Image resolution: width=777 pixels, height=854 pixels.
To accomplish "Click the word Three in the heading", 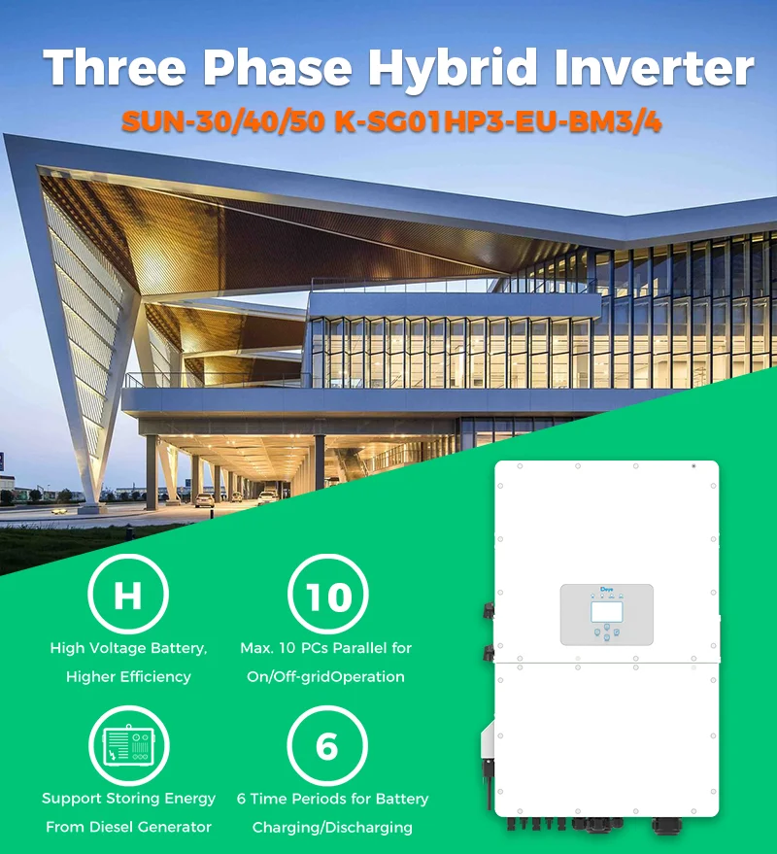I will click(x=113, y=69).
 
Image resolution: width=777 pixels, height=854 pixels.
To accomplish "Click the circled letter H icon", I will click(x=128, y=595).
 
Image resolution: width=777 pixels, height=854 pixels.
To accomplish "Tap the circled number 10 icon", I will click(x=327, y=595).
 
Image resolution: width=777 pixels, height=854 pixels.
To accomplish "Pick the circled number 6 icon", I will click(x=327, y=747).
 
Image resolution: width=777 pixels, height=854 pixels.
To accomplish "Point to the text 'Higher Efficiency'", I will click(x=128, y=676).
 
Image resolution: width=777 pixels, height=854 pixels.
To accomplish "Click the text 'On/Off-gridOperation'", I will click(x=326, y=676).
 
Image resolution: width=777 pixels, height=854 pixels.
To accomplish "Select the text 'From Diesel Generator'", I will click(x=128, y=827).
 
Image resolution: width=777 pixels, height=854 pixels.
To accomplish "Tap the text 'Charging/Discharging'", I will click(x=332, y=828).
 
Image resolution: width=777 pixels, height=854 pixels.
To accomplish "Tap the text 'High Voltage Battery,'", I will click(x=128, y=647).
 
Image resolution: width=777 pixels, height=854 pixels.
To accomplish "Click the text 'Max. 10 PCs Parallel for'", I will click(x=326, y=647).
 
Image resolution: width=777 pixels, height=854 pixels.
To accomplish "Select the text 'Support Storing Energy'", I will click(x=128, y=799).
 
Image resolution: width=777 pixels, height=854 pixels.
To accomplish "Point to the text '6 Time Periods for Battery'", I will click(x=332, y=799).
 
